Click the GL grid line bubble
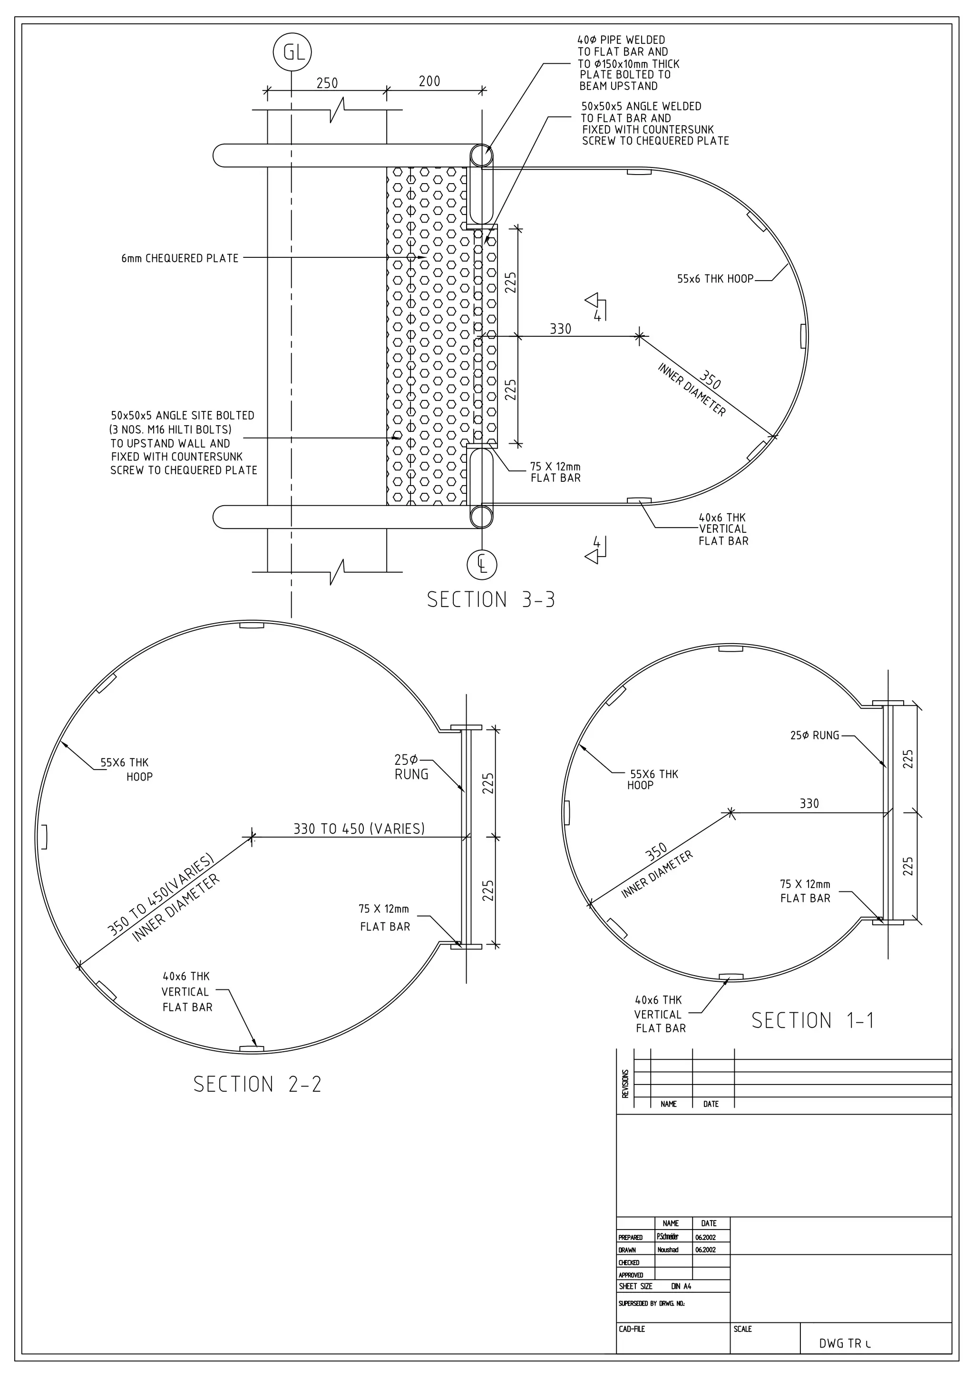(x=292, y=53)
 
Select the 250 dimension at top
(x=327, y=83)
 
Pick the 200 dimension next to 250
(x=429, y=81)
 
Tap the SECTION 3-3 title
(x=490, y=599)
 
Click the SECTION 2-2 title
(x=257, y=1084)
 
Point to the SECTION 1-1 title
(x=813, y=1020)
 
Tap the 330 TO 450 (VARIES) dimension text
(x=359, y=829)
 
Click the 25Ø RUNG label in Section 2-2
(x=412, y=768)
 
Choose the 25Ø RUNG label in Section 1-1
(x=814, y=735)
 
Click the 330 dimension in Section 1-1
(x=809, y=803)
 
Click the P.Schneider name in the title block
(x=667, y=1237)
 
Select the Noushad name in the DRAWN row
(x=667, y=1250)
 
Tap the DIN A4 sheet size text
(x=681, y=1286)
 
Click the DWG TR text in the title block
(x=844, y=1343)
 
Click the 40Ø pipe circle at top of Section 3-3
(x=481, y=156)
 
